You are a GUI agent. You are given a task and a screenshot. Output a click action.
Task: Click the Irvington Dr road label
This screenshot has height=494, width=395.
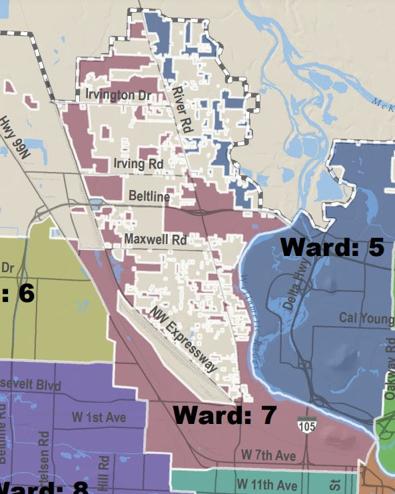click(118, 95)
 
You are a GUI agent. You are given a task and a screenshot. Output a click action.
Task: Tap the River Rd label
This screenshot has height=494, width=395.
click(182, 108)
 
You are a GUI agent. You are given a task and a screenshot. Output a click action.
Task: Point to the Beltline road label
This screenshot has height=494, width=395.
click(150, 197)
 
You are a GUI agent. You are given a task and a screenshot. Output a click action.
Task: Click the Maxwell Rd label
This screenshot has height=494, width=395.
click(155, 238)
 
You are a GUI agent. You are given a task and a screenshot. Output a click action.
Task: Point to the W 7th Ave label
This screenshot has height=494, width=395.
click(268, 455)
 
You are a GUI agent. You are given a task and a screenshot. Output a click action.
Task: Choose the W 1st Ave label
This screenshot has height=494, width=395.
click(98, 417)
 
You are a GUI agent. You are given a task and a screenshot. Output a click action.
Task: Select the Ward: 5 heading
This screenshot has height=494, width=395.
click(332, 247)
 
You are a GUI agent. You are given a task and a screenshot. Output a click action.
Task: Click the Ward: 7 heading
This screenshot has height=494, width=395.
click(224, 415)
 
